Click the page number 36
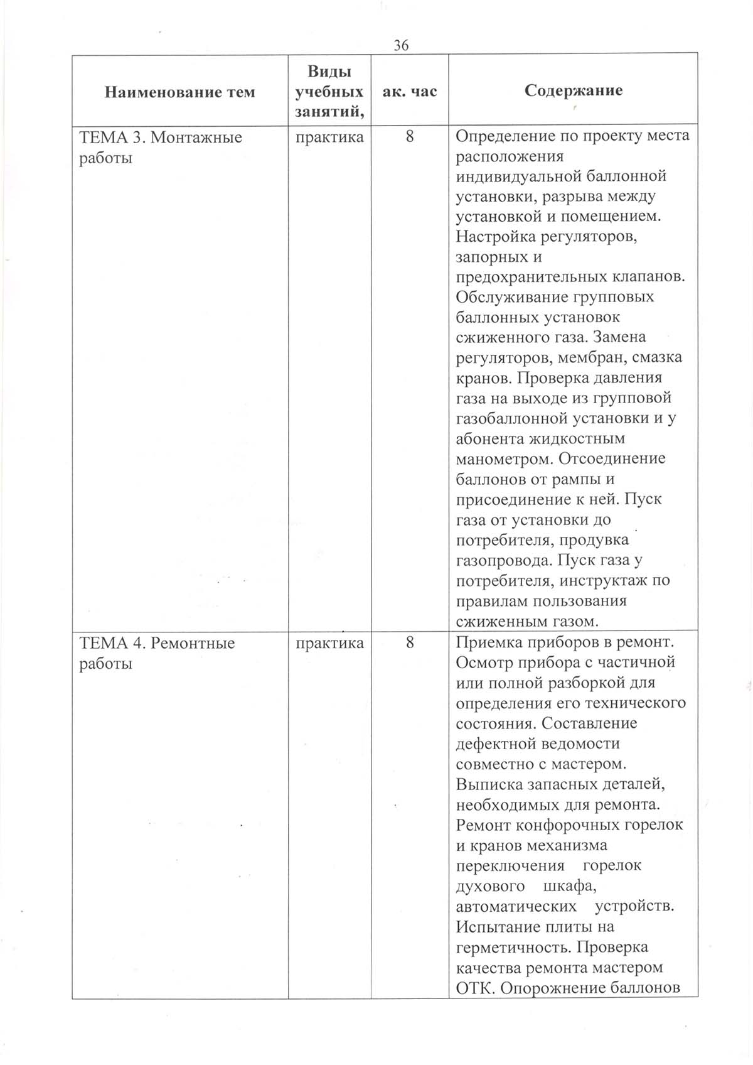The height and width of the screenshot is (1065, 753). coord(401,45)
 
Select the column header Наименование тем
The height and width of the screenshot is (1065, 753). coord(179,92)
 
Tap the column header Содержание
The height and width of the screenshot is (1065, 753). coord(574,90)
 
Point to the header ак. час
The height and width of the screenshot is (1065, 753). coord(409,92)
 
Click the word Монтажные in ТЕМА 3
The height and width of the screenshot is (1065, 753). coord(196,137)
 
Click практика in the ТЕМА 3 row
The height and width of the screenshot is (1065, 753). coord(329,137)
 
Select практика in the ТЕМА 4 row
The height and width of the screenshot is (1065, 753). coord(329,643)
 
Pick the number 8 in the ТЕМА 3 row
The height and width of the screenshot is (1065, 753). coord(410,137)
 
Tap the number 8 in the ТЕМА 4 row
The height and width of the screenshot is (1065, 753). coord(410,643)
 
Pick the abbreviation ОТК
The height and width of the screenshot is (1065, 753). coord(474,988)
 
